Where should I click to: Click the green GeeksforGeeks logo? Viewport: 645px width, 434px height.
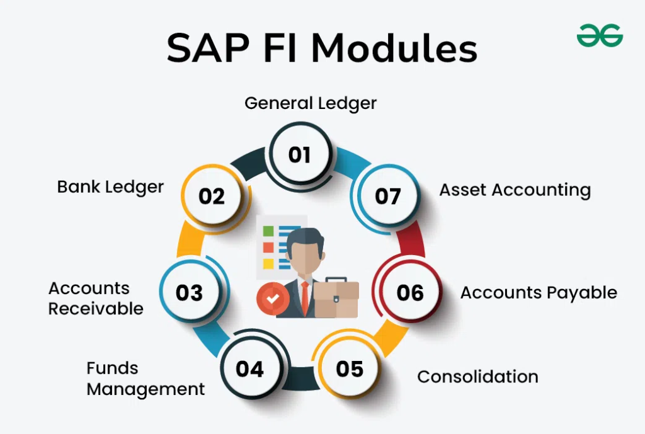coord(600,35)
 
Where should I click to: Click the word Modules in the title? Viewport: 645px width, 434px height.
coord(394,48)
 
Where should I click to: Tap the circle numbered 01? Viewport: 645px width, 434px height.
coord(300,154)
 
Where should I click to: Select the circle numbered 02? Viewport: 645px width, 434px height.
coord(212,197)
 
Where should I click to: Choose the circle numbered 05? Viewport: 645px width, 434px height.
coord(350,368)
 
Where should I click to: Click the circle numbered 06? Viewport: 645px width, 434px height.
coord(409,292)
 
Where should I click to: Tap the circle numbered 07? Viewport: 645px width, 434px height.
coord(388,197)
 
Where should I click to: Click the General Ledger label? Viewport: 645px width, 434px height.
coord(311,103)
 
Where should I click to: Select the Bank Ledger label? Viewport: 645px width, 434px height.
coord(110,187)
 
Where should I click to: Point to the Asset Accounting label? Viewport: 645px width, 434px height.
coord(515,190)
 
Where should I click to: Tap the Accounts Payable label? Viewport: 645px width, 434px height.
coord(539,293)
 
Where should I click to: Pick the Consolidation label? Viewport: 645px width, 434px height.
coord(477,377)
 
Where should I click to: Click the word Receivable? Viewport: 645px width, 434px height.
coord(96,309)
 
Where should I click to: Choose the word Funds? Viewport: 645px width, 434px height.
coord(112,368)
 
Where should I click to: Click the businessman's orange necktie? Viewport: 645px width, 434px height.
coord(304,298)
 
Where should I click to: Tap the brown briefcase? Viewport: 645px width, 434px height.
coord(336,298)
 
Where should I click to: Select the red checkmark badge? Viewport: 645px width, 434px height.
coord(272,298)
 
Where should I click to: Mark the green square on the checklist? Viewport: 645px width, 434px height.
coord(268,231)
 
